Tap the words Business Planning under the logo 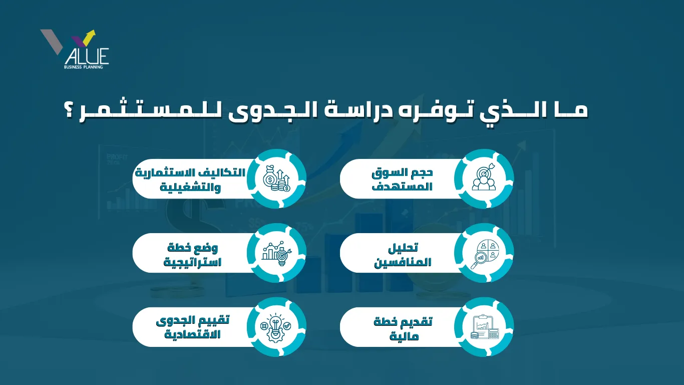83,67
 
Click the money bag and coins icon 276,179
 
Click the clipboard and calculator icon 484,327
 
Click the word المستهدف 402,186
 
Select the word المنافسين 403,262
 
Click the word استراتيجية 192,262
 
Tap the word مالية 404,336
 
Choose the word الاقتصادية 192,334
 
